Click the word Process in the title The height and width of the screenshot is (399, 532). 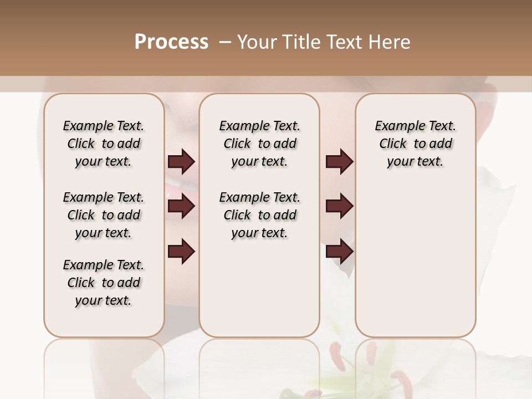[x=171, y=42]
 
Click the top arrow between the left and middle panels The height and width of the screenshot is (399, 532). [x=181, y=162]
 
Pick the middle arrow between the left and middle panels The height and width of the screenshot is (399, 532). [x=181, y=206]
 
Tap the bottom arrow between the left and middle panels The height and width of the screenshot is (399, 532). [x=181, y=252]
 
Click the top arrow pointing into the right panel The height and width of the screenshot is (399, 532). [x=339, y=162]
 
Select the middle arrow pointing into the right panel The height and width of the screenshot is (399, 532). [x=339, y=206]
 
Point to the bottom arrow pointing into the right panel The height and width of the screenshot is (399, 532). [x=339, y=252]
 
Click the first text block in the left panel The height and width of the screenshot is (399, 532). [x=104, y=144]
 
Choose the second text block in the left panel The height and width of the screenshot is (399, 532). [x=104, y=215]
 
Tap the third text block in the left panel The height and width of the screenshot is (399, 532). [x=104, y=283]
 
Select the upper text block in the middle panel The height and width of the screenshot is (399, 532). [x=259, y=144]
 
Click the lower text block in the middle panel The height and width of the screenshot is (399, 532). [x=259, y=215]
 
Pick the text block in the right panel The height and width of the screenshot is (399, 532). [x=415, y=144]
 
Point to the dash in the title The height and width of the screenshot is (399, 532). [x=225, y=42]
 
